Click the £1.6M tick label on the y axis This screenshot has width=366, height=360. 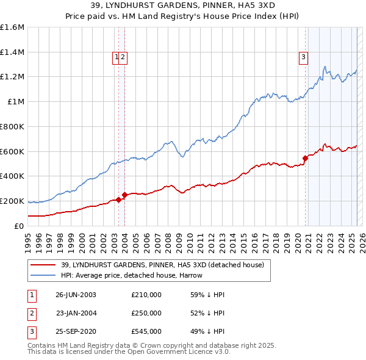pos(12,27)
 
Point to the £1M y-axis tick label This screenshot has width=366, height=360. pos(16,102)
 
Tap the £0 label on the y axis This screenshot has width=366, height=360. pos(20,226)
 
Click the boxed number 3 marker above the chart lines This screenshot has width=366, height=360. pos(303,58)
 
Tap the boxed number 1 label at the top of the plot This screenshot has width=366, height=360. pos(116,58)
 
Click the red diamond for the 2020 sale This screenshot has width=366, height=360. pos(305,158)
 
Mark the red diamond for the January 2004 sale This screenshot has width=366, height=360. pos(125,195)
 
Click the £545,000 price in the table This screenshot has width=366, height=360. pos(146,333)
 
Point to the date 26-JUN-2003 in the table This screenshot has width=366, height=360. pos(76,295)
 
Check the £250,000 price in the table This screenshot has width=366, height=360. pos(146,314)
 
